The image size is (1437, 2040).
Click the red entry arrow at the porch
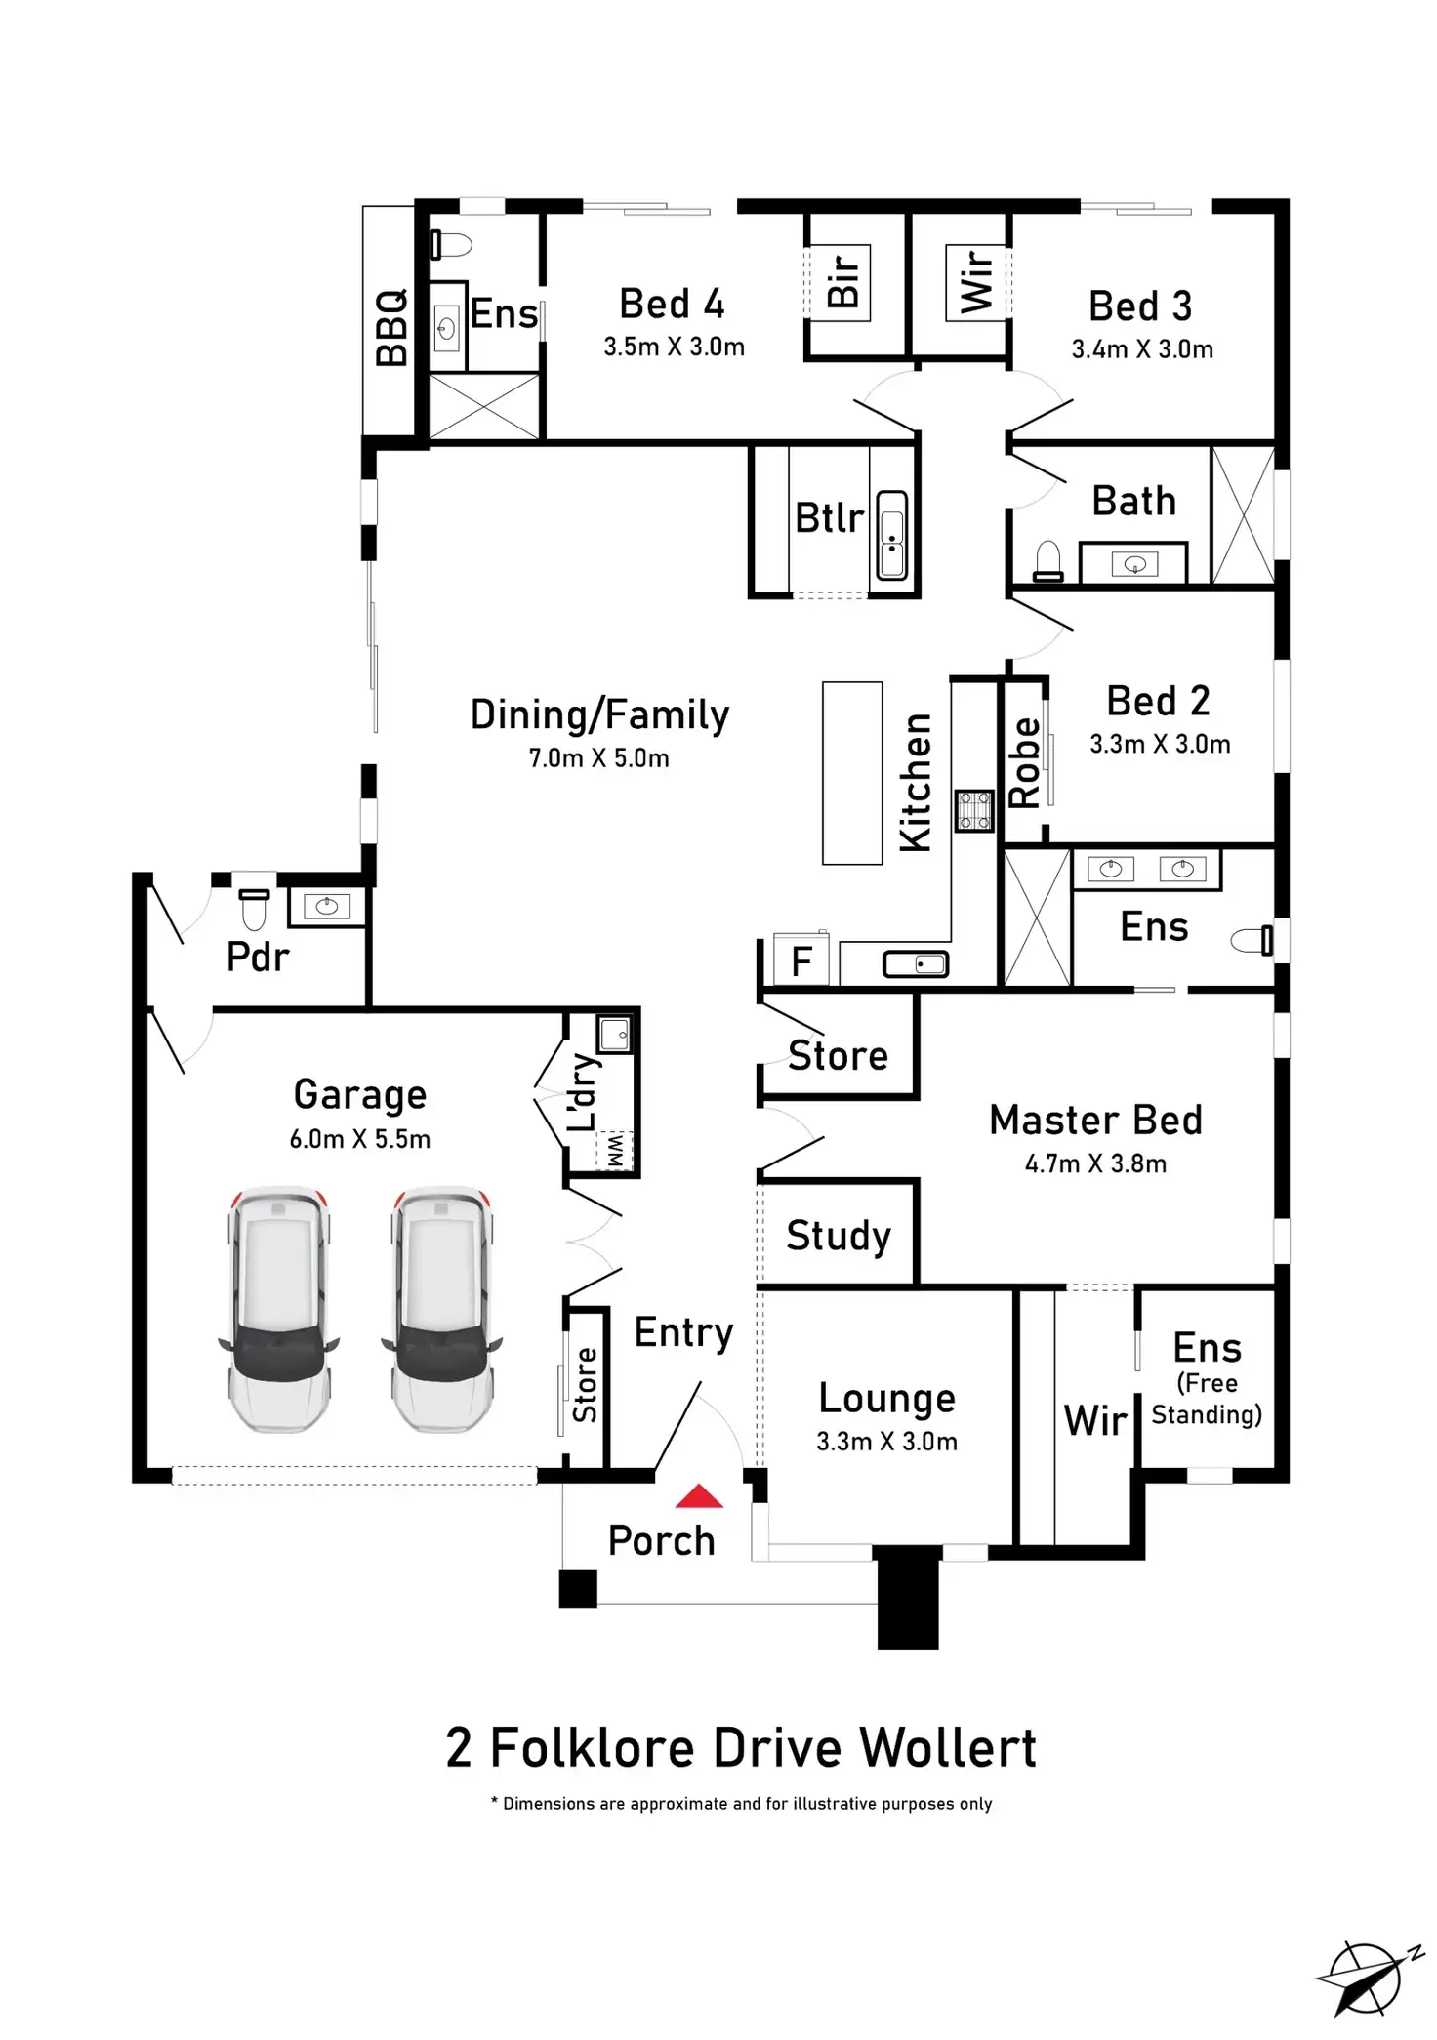[699, 1496]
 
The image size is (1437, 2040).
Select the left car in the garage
[279, 1310]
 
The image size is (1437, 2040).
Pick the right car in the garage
[442, 1310]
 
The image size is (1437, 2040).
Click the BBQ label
[392, 327]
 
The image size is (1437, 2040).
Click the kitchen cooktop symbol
[973, 811]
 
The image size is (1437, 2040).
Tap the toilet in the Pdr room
[254, 909]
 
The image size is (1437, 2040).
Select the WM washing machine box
[615, 1150]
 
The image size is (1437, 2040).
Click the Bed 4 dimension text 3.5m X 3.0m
[674, 347]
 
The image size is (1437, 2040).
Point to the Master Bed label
[1095, 1120]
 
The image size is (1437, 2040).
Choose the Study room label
[839, 1236]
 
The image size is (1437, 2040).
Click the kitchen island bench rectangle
[852, 773]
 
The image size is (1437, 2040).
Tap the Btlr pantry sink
[891, 536]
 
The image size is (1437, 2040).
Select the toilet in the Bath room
[1047, 562]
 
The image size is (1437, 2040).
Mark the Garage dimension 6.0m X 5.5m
[360, 1139]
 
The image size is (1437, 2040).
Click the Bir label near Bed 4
[843, 280]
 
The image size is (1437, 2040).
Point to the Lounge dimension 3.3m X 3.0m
[886, 1442]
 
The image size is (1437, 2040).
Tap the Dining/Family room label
[599, 715]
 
